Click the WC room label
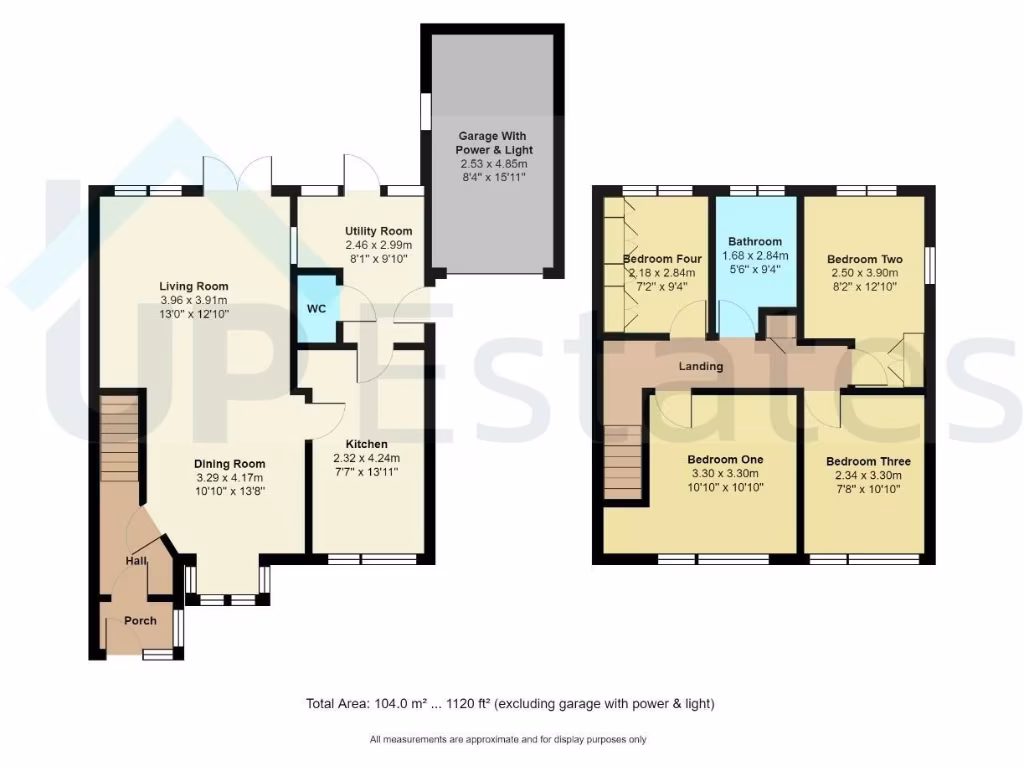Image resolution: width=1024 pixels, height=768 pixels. [316, 308]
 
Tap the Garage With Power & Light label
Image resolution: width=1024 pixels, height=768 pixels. [492, 142]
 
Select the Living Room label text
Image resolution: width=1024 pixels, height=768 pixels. [194, 287]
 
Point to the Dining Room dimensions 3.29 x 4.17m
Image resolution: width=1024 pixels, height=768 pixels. [229, 477]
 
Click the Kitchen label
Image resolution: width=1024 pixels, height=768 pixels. [367, 444]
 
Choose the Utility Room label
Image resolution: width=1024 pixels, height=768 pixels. [378, 231]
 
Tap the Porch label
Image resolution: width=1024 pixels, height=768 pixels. [140, 621]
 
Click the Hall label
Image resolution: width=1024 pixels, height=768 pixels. [136, 562]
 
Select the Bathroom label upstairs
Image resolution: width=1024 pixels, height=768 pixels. [754, 241]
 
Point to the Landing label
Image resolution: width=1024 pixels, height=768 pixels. [700, 366]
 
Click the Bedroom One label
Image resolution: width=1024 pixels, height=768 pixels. [725, 460]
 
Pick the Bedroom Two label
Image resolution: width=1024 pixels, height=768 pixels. [866, 259]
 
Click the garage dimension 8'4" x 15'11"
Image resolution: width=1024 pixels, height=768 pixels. [492, 177]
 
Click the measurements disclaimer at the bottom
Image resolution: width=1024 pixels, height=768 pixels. [508, 740]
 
